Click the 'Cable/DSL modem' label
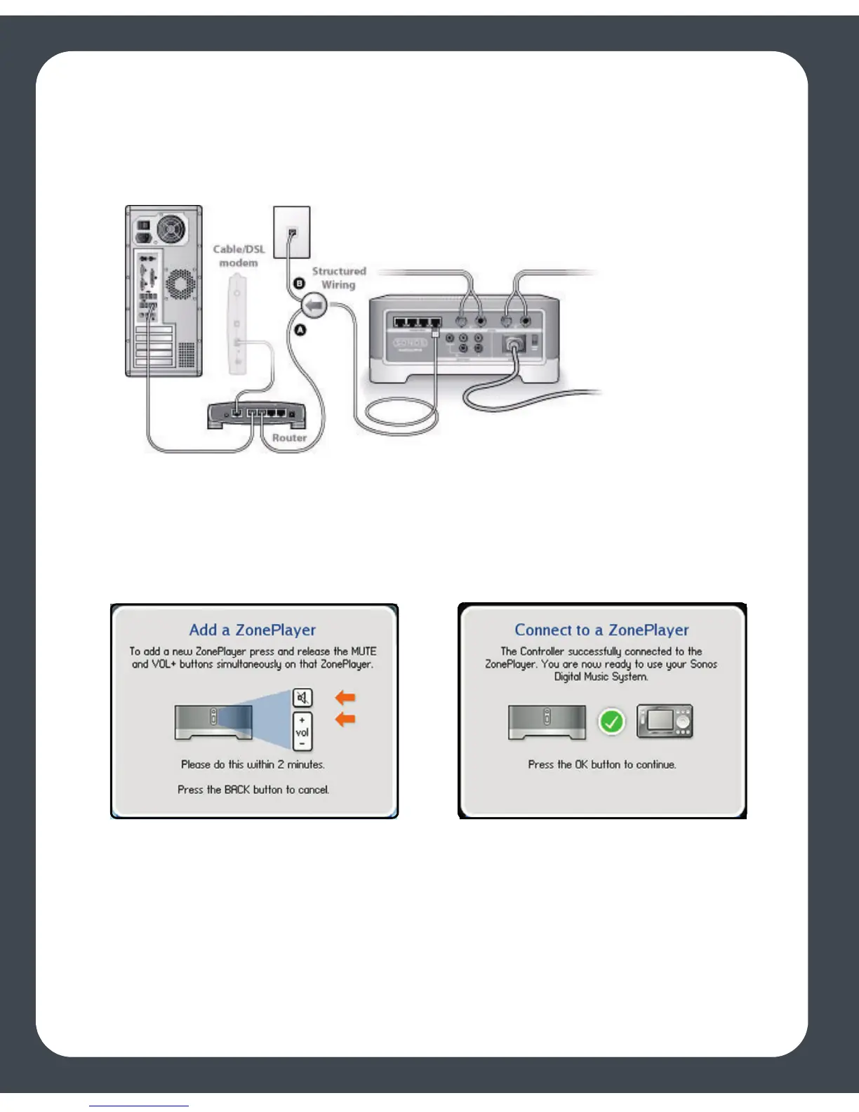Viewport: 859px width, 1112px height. tap(239, 256)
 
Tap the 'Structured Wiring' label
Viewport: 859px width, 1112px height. tap(339, 278)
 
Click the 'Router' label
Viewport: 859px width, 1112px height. tap(289, 437)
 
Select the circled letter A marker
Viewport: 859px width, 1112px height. tap(300, 330)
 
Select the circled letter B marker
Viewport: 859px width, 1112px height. tap(299, 283)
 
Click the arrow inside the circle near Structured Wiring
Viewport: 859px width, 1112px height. tap(315, 305)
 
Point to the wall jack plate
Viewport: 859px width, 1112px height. tap(291, 232)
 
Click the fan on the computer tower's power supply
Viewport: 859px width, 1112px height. tap(171, 228)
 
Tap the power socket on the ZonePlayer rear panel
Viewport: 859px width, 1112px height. tap(514, 345)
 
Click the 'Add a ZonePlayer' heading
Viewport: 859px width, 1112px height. tap(253, 630)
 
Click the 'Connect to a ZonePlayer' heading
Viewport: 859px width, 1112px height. tap(601, 630)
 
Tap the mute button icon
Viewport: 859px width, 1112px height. tap(302, 698)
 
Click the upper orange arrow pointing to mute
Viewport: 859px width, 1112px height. tap(345, 697)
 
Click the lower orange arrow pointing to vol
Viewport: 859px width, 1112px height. tap(345, 719)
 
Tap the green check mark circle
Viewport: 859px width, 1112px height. tap(611, 722)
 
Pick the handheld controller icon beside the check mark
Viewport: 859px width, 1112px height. tap(665, 722)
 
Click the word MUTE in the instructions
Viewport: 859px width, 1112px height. tap(364, 651)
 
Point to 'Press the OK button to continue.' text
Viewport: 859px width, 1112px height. tap(602, 764)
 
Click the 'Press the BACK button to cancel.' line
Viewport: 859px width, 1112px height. tap(253, 790)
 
